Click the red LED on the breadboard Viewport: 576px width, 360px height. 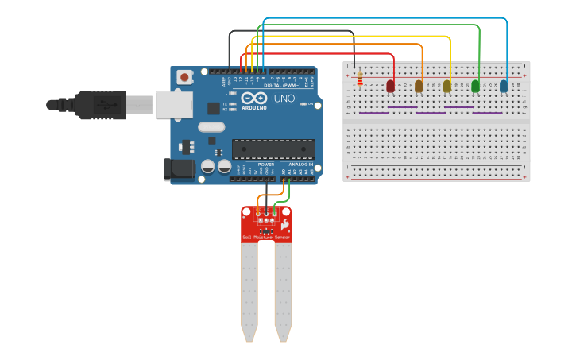[390, 86]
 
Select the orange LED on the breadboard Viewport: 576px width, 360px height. [419, 86]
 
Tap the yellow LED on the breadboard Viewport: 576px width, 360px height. [447, 86]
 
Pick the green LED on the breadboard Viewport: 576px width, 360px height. [475, 86]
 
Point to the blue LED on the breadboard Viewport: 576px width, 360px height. [504, 86]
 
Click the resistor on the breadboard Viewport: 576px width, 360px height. [360, 78]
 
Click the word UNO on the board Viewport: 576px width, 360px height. [284, 99]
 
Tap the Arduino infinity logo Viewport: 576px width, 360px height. [254, 98]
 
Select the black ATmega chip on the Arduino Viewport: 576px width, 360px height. [273, 149]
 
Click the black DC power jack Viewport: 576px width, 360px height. [178, 168]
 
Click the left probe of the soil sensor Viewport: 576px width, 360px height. [249, 291]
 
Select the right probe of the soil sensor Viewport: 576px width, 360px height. [283, 291]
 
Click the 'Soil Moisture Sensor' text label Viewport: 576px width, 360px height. [267, 237]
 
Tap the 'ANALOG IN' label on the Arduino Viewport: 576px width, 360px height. [300, 164]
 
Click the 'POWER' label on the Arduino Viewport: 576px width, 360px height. [265, 164]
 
